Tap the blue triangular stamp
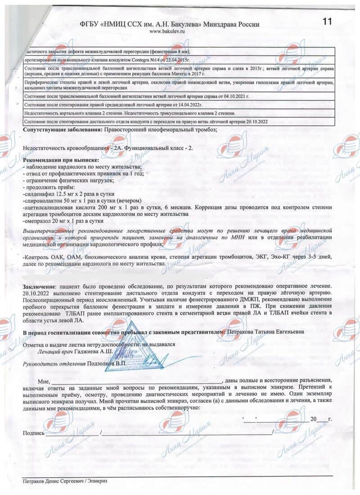tap(130, 346)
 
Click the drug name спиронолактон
tap(44, 200)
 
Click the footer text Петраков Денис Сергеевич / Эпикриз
tap(65, 481)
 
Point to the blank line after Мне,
tap(135, 381)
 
